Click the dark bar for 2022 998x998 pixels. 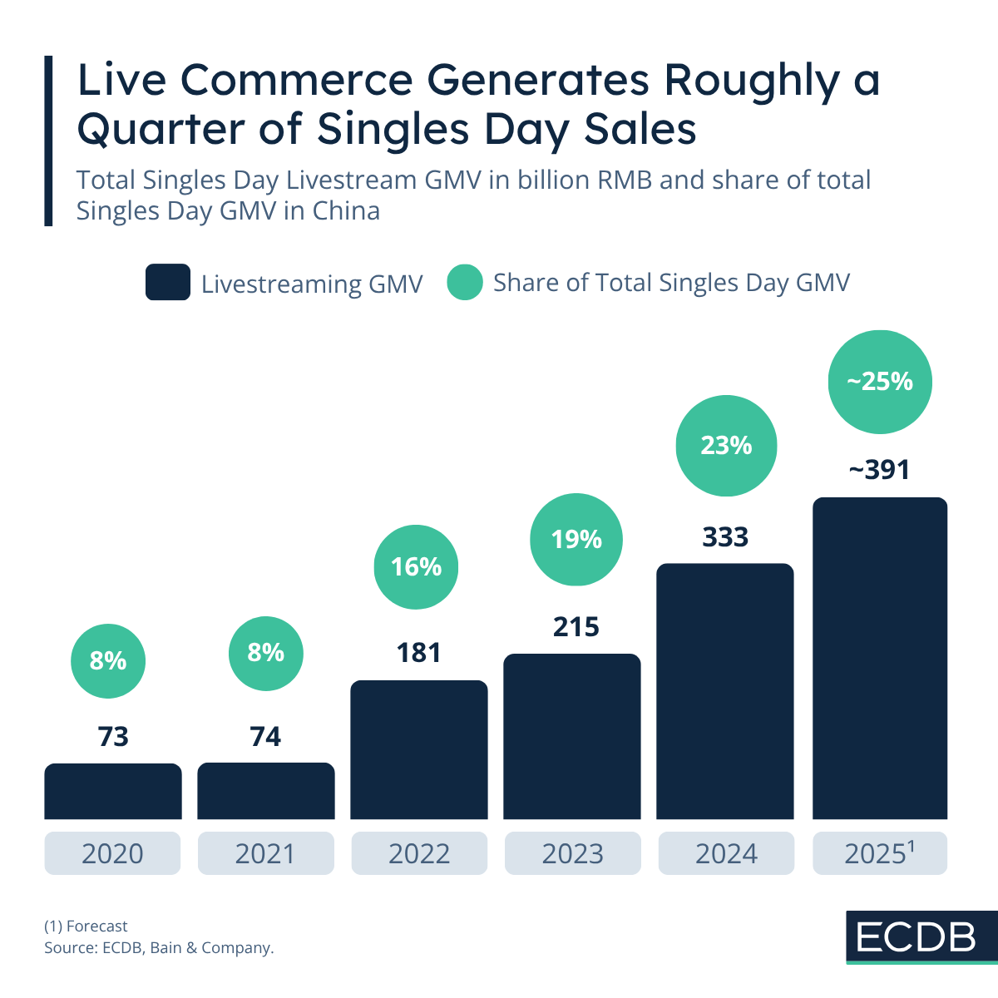tap(419, 748)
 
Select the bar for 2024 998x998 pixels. tap(725, 690)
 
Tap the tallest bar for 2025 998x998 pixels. tap(880, 657)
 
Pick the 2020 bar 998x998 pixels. tap(113, 791)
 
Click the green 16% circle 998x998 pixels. tap(416, 567)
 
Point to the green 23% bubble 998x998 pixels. tap(726, 446)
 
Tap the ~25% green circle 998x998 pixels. tap(880, 382)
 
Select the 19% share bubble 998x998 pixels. tap(576, 540)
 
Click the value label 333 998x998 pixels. tap(725, 537)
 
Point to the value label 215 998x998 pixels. tap(576, 627)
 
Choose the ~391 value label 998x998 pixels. tap(879, 471)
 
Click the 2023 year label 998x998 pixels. tap(572, 853)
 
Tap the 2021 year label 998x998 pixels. tap(265, 853)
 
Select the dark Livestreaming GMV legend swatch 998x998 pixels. tap(167, 283)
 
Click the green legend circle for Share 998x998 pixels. tap(465, 283)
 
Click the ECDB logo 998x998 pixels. tap(916, 937)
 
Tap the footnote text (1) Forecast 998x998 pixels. tap(86, 926)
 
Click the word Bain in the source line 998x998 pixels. tap(166, 947)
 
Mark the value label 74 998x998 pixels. tap(265, 737)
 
